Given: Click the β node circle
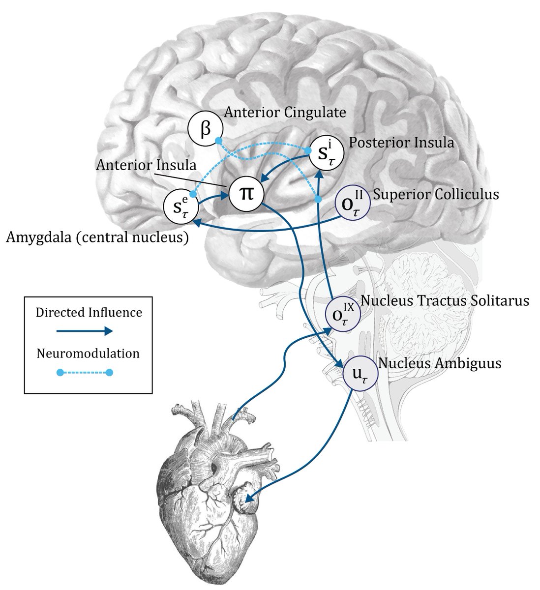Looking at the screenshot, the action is (x=206, y=128).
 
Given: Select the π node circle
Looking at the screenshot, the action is (x=246, y=194).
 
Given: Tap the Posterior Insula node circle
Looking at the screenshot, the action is (x=327, y=153).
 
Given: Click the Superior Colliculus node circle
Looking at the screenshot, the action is (x=353, y=203).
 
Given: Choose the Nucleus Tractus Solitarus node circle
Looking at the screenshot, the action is (x=343, y=314).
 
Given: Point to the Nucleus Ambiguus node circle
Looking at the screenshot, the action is (x=360, y=373).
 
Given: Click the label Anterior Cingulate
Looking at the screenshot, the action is (x=285, y=113).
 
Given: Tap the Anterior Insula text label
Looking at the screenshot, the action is (x=146, y=165).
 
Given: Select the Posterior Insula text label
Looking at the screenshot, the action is (x=401, y=143).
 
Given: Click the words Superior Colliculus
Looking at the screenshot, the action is (x=436, y=194).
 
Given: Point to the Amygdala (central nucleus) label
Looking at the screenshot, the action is (x=97, y=237).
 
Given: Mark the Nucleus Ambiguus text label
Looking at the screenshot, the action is (x=440, y=363).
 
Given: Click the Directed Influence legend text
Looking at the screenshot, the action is (x=89, y=312).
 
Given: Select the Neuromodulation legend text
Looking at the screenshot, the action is (x=88, y=354).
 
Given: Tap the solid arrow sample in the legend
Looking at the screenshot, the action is (x=85, y=331).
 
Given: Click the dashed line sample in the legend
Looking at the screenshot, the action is (x=85, y=373).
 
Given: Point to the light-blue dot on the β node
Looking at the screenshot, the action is (x=219, y=141).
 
